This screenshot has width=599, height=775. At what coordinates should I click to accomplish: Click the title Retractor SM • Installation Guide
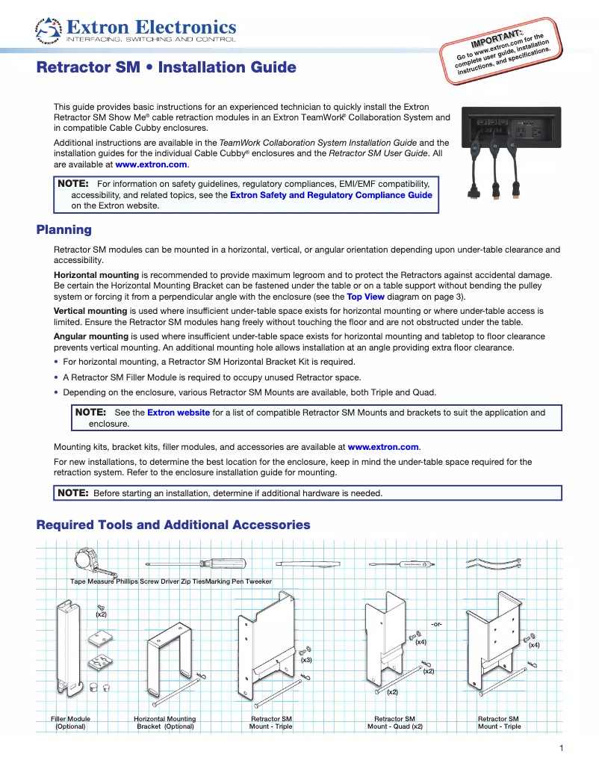point(167,68)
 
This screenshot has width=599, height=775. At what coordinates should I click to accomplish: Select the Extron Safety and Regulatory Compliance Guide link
point(331,195)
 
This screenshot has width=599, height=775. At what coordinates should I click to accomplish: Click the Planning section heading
point(64,230)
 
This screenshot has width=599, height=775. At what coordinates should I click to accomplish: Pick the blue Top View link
point(366,296)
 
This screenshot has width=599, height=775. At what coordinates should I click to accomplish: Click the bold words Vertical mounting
point(90,310)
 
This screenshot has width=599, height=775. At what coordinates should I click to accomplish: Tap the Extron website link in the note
point(179,413)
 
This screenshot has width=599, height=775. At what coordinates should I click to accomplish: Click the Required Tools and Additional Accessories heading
point(173,525)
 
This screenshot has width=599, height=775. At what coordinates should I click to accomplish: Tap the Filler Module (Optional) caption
point(71,722)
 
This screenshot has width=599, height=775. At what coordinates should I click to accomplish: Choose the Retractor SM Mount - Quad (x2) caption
point(394,722)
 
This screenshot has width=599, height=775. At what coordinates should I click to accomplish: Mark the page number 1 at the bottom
point(560,748)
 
